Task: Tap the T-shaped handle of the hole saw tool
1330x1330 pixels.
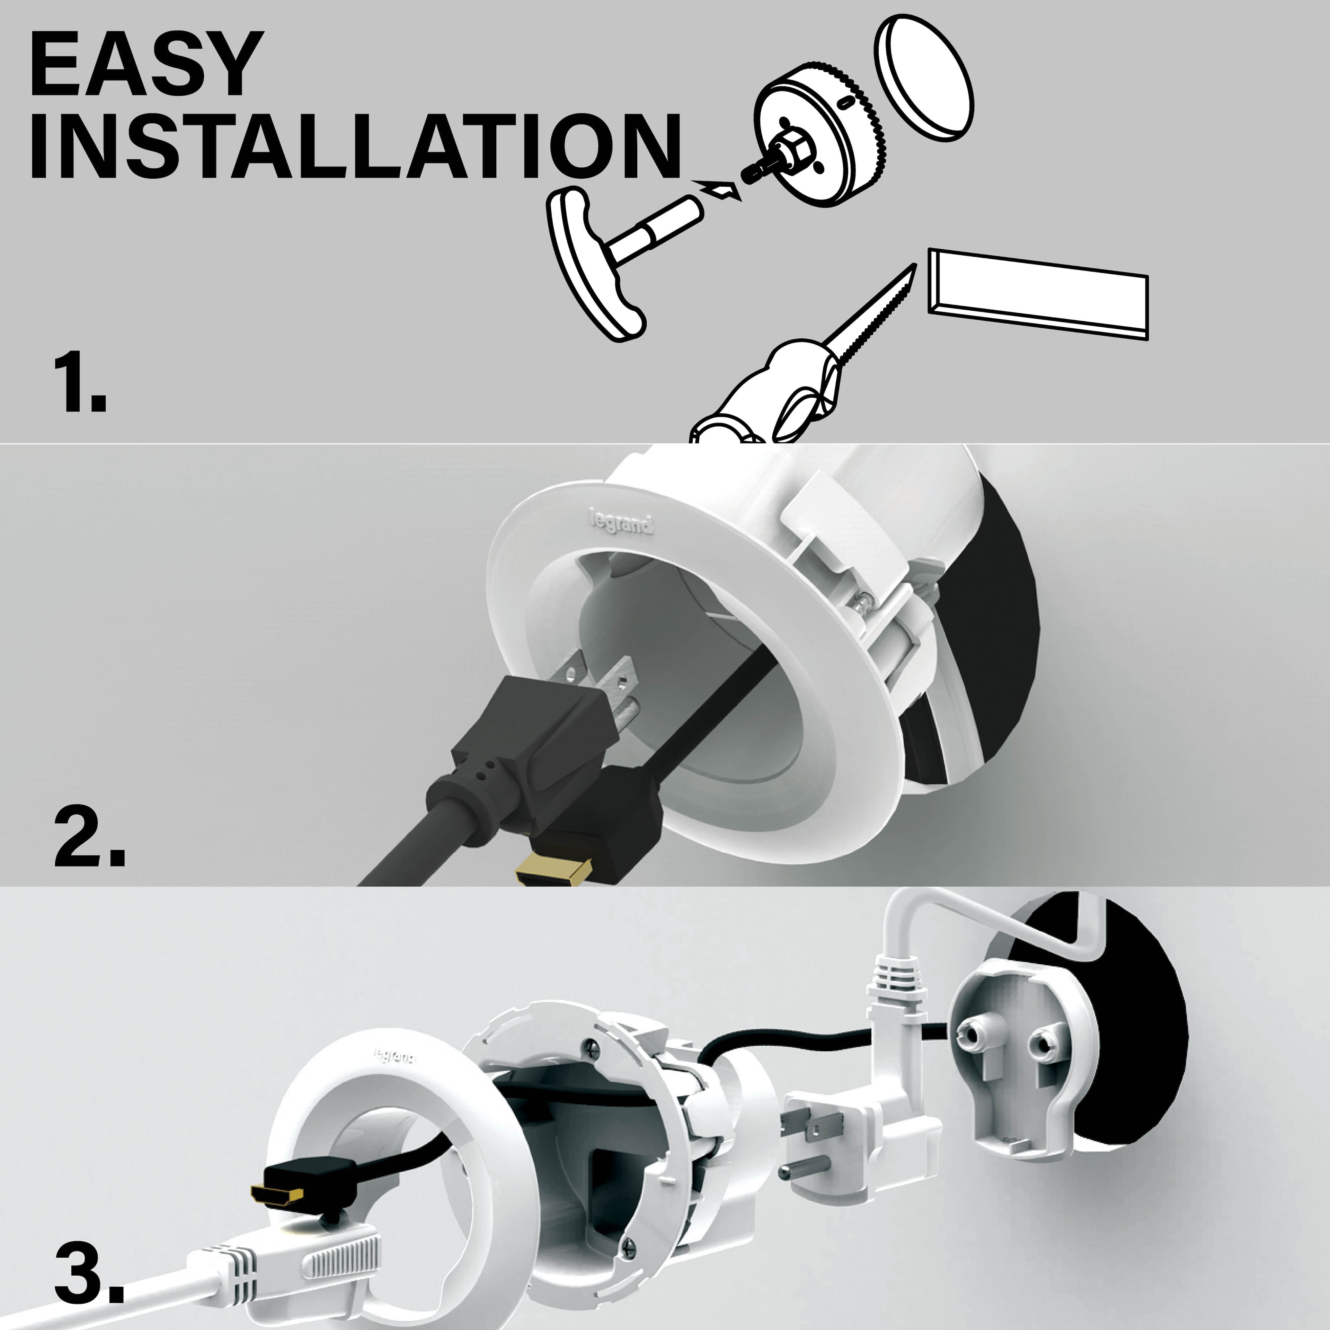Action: [595, 265]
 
